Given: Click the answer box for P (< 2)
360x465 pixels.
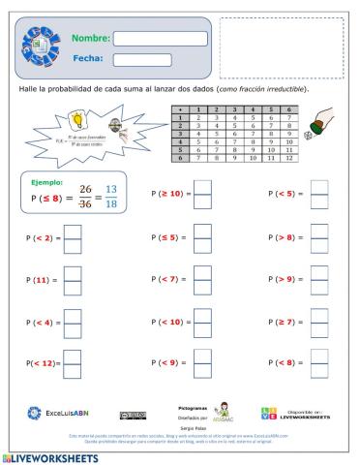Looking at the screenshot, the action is (x=74, y=238).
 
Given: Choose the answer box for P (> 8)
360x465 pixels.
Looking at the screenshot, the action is (x=317, y=238).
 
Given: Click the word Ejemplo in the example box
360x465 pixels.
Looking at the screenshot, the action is (x=46, y=182).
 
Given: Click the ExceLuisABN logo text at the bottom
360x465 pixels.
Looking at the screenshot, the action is (x=67, y=413).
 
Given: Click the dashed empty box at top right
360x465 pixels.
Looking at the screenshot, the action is (x=281, y=46).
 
